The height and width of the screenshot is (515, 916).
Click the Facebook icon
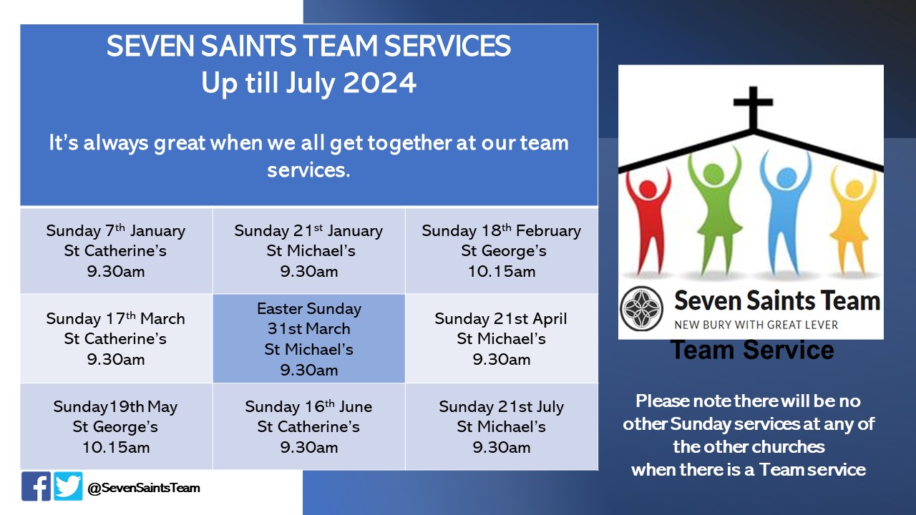[36, 486]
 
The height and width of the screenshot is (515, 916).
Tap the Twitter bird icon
[68, 486]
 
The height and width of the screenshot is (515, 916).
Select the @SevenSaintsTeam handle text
[143, 488]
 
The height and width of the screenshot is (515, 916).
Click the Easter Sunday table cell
[309, 339]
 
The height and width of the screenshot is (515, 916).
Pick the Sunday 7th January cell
[116, 250]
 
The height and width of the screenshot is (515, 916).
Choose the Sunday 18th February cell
[501, 250]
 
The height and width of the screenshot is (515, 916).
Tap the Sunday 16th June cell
[309, 426]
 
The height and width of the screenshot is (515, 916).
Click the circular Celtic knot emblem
[642, 308]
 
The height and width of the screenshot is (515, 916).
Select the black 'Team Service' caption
[751, 350]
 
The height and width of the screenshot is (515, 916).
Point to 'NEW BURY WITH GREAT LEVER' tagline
[756, 325]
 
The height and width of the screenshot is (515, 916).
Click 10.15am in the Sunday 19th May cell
[116, 448]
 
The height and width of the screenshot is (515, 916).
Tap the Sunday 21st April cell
[501, 339]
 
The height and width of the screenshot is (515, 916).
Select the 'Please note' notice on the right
[749, 435]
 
